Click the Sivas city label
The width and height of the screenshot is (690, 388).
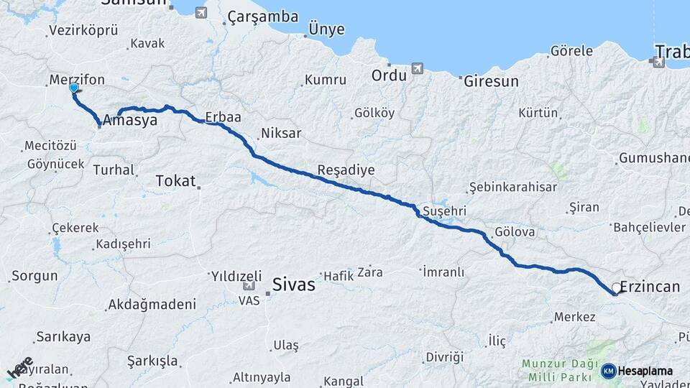pyautogui.click(x=294, y=285)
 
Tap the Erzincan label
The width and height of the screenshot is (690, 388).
pyautogui.click(x=650, y=287)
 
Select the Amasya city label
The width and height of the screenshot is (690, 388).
pyautogui.click(x=130, y=121)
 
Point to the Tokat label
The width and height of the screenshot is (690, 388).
pyautogui.click(x=175, y=181)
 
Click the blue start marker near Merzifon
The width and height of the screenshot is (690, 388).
pyautogui.click(x=74, y=88)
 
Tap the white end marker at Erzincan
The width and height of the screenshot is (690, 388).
pyautogui.click(x=616, y=289)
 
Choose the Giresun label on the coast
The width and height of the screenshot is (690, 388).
pyautogui.click(x=491, y=81)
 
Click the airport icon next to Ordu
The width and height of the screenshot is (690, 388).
pyautogui.click(x=417, y=68)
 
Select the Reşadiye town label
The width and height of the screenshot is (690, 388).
pyautogui.click(x=346, y=170)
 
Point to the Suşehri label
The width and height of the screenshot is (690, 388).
pyautogui.click(x=445, y=211)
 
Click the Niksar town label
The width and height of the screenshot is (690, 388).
pyautogui.click(x=281, y=133)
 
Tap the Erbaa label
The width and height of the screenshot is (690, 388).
pyautogui.click(x=222, y=116)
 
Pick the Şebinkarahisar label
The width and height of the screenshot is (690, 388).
pyautogui.click(x=512, y=187)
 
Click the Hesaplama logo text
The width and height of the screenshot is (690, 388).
pyautogui.click(x=645, y=371)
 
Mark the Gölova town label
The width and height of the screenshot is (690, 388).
pyautogui.click(x=515, y=232)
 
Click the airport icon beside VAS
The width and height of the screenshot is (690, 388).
pyautogui.click(x=249, y=285)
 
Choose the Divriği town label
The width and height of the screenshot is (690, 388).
pyautogui.click(x=445, y=357)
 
